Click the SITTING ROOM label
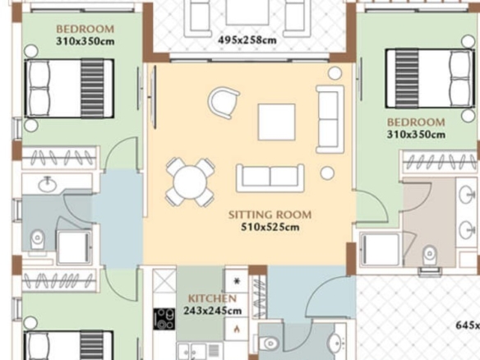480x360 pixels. [x=270, y=215]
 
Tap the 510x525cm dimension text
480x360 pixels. [x=270, y=227]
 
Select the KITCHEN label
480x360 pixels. [x=212, y=298]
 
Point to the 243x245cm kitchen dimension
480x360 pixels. [x=213, y=311]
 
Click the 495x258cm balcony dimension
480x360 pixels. [x=247, y=40]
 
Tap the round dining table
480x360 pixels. [x=190, y=182]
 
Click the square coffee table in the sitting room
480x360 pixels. [x=277, y=122]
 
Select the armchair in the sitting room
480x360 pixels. [x=224, y=103]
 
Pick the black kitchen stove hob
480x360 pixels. [x=164, y=319]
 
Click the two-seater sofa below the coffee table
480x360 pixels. [x=270, y=178]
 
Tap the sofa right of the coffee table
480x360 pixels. [x=330, y=119]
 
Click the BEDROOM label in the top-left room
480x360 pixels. [x=85, y=29]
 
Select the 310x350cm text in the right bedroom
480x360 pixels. [x=416, y=135]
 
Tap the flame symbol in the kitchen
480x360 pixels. [x=237, y=329]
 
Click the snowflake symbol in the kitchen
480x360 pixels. [x=237, y=281]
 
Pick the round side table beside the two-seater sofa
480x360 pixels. [x=327, y=173]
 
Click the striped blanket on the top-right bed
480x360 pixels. [x=407, y=79]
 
